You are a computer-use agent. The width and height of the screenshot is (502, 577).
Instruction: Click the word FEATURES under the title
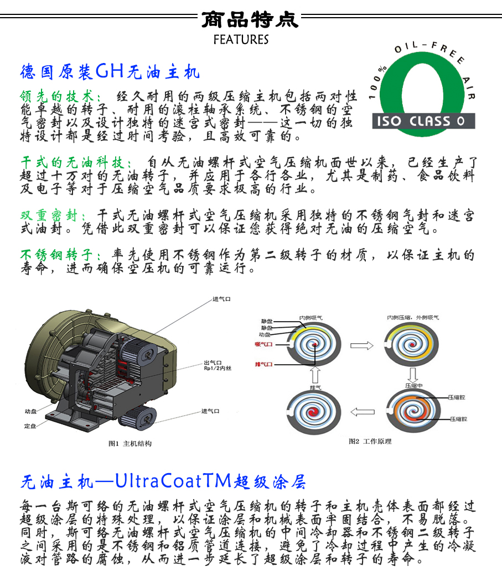(241, 40)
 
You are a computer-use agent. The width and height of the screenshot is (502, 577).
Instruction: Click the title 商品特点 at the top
(250, 19)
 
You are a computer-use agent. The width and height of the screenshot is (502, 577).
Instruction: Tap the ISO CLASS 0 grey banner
(424, 121)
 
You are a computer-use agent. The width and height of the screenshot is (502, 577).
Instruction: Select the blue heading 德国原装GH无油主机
(110, 72)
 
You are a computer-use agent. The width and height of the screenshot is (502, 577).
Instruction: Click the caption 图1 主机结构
(130, 443)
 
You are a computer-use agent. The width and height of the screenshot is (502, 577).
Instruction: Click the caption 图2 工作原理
(370, 441)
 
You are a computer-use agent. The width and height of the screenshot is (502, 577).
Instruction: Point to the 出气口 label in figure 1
(214, 363)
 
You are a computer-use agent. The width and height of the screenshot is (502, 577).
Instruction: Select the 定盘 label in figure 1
(30, 426)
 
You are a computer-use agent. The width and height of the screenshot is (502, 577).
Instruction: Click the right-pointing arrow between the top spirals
(363, 345)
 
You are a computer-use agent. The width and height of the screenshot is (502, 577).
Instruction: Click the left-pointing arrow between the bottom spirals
(363, 411)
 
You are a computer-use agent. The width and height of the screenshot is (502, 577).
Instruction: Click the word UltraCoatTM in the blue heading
(172, 481)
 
